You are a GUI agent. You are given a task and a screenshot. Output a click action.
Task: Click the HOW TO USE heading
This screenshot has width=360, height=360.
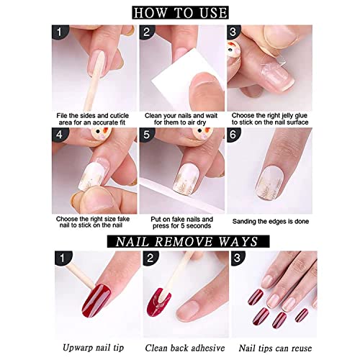coord(180,12)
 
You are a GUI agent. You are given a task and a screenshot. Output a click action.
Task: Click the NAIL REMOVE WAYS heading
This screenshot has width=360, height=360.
coord(180,240)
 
